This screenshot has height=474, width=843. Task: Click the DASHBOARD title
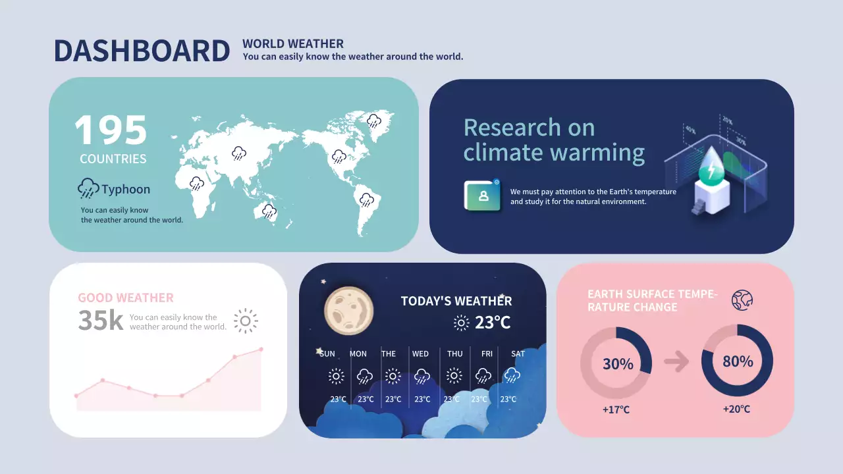(x=142, y=51)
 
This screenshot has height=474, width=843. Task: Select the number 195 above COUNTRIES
(x=111, y=130)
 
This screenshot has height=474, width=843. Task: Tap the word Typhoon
(x=126, y=190)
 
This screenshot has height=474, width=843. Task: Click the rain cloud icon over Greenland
(x=373, y=120)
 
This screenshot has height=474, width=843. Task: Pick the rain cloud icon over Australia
(x=269, y=211)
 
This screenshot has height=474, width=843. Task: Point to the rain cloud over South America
(x=366, y=199)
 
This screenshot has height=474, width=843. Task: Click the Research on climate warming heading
(x=554, y=140)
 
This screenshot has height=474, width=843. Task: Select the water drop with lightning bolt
(x=711, y=166)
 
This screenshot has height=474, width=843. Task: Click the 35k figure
(x=101, y=321)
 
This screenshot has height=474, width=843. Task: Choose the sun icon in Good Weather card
(x=246, y=321)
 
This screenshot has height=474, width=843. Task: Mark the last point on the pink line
(x=261, y=349)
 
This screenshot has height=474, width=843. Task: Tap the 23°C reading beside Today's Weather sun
(x=493, y=323)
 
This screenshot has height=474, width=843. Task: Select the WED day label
(x=420, y=354)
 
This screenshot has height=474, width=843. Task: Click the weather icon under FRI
(x=483, y=376)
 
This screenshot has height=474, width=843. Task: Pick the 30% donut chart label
(x=618, y=363)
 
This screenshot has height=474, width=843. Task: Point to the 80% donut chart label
(x=738, y=361)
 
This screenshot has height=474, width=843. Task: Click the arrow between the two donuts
(x=676, y=361)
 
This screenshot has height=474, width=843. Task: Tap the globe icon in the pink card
(x=742, y=300)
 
